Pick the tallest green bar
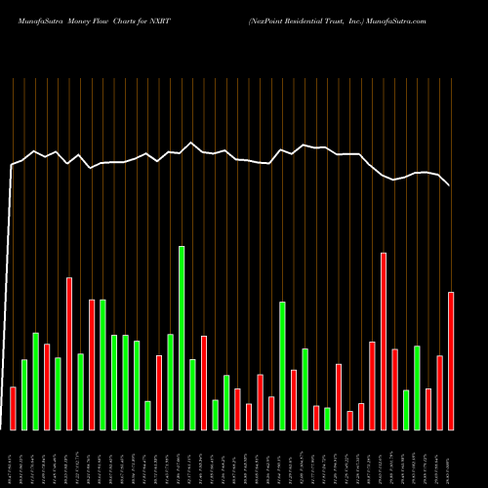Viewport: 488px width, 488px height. [182, 338]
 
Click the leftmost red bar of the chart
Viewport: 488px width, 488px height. [13, 408]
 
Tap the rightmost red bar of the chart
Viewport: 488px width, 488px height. [451, 360]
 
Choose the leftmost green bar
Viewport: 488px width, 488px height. [24, 394]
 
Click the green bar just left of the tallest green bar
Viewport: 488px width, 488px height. [170, 382]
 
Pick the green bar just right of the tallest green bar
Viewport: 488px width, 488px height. [192, 394]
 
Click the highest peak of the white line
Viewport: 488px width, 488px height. [191, 142]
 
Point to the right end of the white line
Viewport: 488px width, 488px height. [450, 185]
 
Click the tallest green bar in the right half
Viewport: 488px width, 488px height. [282, 365]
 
